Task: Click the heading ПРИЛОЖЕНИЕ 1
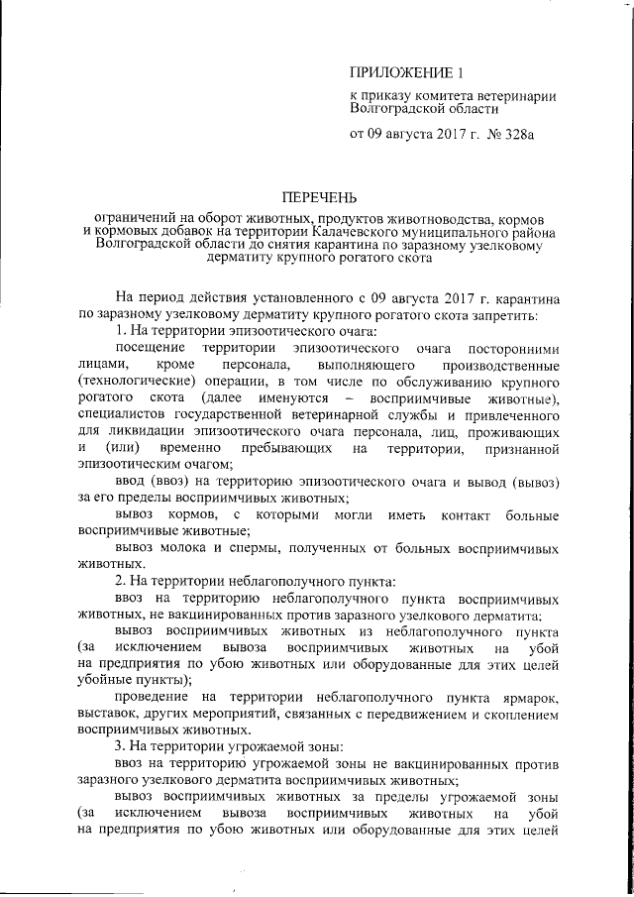(x=407, y=72)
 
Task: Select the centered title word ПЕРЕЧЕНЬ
(x=316, y=197)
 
